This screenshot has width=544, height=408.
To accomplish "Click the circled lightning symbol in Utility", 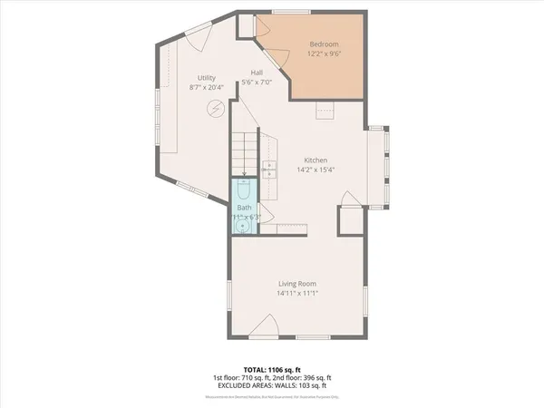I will [217, 108].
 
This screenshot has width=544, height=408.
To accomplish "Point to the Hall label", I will [257, 74].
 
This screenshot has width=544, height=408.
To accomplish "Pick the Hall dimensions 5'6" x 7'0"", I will [257, 84].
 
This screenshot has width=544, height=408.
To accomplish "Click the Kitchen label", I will [315, 160].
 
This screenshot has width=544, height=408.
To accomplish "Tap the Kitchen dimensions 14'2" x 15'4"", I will [315, 170].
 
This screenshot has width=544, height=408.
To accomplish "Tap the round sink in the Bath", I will [242, 226].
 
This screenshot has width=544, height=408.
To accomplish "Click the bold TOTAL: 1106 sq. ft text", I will [272, 370].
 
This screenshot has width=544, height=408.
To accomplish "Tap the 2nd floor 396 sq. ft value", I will [312, 377].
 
